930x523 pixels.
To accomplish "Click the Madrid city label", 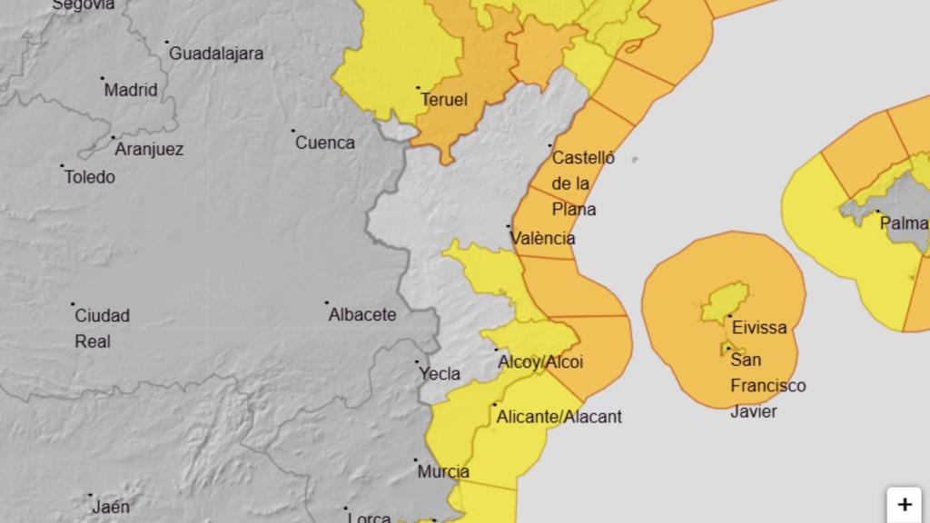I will tap(131, 90).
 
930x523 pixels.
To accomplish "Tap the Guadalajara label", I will tap(217, 54).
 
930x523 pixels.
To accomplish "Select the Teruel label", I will tap(446, 100).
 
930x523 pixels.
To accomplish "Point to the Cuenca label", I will tap(325, 143).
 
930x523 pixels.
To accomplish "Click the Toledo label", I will tap(90, 177).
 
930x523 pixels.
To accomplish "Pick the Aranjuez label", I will tap(149, 149).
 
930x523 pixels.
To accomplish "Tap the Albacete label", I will tap(362, 315).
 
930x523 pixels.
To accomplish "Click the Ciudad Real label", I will tap(102, 329).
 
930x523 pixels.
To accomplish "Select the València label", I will tap(543, 238).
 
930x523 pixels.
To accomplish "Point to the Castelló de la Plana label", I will tap(581, 183).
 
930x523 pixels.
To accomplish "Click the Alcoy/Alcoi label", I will tap(540, 362).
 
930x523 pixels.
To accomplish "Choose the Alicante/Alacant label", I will tap(559, 417).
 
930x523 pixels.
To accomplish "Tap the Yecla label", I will tap(439, 373).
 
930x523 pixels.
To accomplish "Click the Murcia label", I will tap(443, 471).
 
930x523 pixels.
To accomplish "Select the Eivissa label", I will tap(758, 328).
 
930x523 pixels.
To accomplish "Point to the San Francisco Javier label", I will tap(767, 386).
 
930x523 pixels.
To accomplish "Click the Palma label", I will tap(903, 223).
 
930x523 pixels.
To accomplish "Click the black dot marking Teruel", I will tap(418, 88).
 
